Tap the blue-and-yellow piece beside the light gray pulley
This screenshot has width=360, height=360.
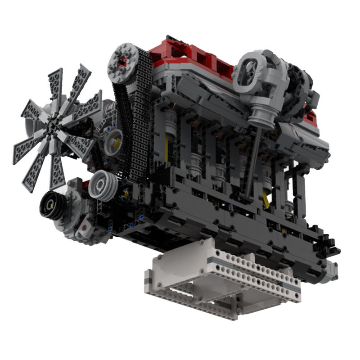(125, 193)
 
